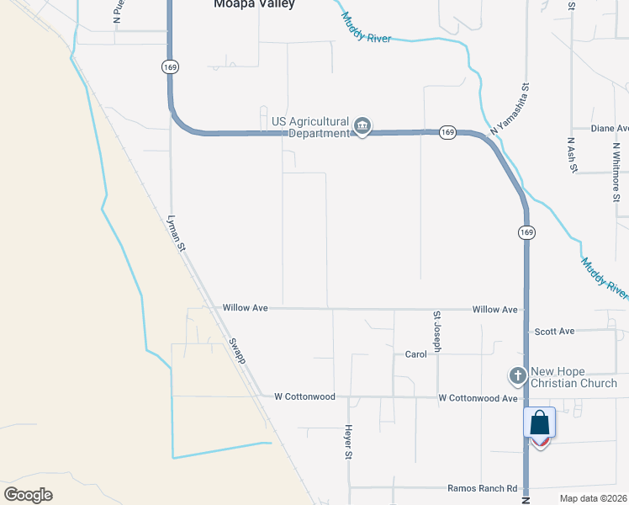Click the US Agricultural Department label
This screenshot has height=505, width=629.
[x=309, y=127]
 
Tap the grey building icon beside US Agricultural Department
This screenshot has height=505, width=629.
[x=362, y=127]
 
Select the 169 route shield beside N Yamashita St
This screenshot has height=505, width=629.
[x=447, y=133]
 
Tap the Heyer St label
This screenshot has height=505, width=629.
[x=348, y=441]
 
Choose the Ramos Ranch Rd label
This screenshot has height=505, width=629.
[x=482, y=488]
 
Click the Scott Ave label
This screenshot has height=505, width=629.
[x=554, y=332]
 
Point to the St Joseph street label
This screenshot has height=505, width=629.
[x=437, y=332]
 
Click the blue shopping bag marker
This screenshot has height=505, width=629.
[x=539, y=423]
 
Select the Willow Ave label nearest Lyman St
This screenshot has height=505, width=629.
[x=245, y=308]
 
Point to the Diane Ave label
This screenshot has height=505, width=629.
[x=610, y=129]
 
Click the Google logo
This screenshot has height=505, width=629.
[x=28, y=495]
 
